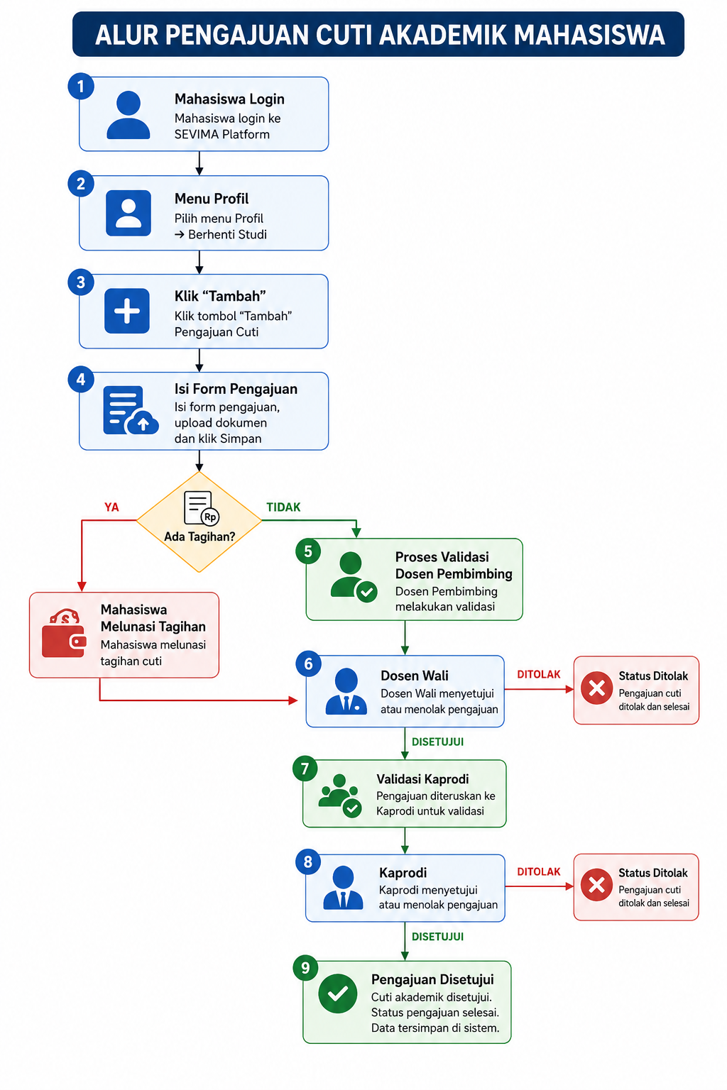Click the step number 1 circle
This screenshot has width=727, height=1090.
click(x=81, y=86)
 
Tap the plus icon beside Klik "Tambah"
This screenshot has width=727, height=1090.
click(x=127, y=311)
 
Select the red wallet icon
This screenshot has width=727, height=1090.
click(x=65, y=633)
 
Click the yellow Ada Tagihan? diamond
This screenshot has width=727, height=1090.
click(x=199, y=521)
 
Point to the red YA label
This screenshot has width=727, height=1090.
click(x=111, y=507)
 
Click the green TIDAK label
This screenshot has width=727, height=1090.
click(x=283, y=507)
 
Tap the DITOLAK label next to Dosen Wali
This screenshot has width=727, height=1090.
click(x=539, y=674)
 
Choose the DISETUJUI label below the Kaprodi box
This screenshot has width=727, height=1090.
click(x=437, y=937)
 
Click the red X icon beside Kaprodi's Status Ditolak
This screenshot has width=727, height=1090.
click(x=596, y=885)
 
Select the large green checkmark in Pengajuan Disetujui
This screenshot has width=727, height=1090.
click(x=337, y=993)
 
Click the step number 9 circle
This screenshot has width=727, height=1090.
click(x=305, y=968)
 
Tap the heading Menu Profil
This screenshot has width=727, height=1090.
click(x=212, y=199)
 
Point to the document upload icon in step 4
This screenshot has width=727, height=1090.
click(x=131, y=409)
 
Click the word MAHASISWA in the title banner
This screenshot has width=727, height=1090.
click(x=589, y=35)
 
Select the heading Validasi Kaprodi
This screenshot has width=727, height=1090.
click(x=422, y=779)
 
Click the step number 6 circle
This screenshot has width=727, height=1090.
click(x=308, y=664)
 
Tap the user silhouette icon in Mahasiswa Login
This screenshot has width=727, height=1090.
click(x=128, y=115)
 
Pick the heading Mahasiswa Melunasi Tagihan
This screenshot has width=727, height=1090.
click(x=153, y=618)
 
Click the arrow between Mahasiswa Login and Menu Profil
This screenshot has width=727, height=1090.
click(x=199, y=163)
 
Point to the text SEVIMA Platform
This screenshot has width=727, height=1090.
click(x=222, y=134)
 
